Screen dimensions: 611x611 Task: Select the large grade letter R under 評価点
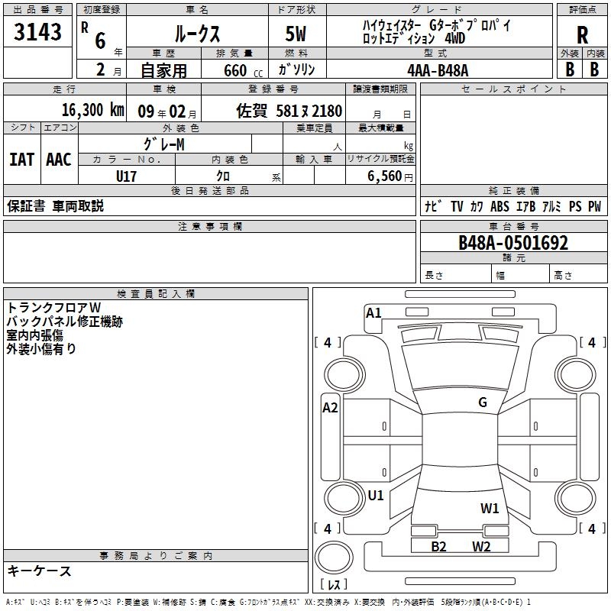pos(582,35)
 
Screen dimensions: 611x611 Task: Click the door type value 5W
pos(296,35)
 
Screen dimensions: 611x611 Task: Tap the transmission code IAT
pos(21,159)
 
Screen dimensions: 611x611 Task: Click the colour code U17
pos(126,176)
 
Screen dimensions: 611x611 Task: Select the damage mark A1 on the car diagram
pos(373,312)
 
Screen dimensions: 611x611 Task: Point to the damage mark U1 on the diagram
pos(375,496)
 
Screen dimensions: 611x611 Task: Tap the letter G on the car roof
pos(482,402)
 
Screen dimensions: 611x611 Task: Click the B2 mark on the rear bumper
pos(438,546)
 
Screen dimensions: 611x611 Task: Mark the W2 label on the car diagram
pos(480,546)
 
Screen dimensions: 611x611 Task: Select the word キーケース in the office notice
pos(39,571)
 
